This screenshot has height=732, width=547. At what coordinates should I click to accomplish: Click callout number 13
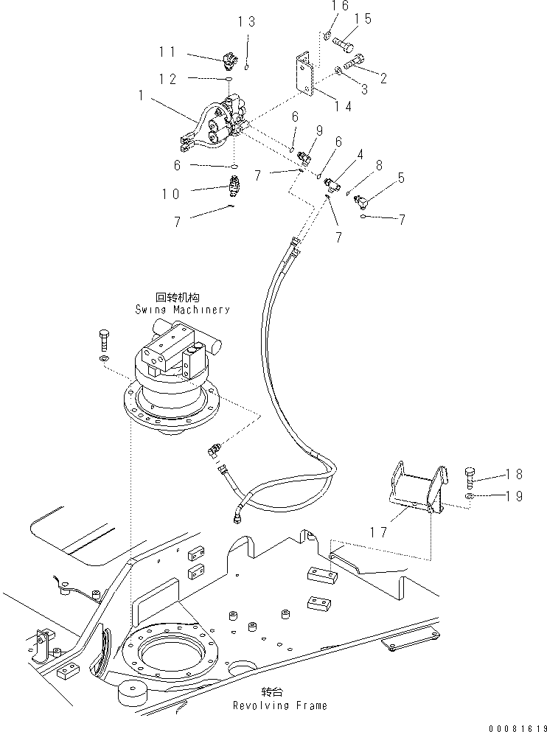click(247, 22)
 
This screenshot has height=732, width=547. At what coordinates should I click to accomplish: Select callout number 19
click(513, 496)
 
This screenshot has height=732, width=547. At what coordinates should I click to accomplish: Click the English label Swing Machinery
click(182, 309)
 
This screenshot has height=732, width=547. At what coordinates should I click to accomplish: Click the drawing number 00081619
click(509, 725)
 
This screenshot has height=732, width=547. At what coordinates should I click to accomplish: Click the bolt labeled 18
click(472, 475)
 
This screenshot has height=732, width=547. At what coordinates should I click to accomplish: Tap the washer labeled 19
click(469, 498)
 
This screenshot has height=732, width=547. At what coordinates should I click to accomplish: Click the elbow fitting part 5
click(363, 198)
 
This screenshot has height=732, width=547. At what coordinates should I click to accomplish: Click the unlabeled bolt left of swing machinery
click(104, 341)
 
